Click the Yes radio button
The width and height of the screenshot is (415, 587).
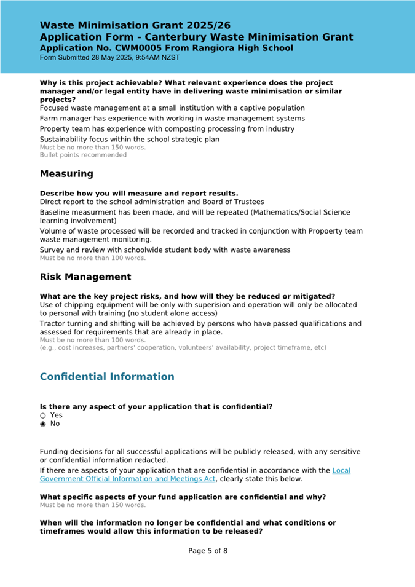click(43, 415)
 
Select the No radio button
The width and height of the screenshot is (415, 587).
click(43, 424)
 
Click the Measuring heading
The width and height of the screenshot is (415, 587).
click(66, 173)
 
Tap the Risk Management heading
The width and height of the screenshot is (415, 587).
click(85, 277)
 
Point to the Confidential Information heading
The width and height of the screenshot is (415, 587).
click(106, 376)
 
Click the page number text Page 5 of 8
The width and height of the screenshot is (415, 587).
click(208, 551)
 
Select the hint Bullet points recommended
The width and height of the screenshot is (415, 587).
click(83, 155)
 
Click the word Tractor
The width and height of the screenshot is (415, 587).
click(54, 323)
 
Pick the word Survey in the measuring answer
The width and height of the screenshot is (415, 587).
click(53, 250)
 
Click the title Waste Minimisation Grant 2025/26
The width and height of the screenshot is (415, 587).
click(135, 25)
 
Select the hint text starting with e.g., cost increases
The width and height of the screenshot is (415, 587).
click(183, 347)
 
